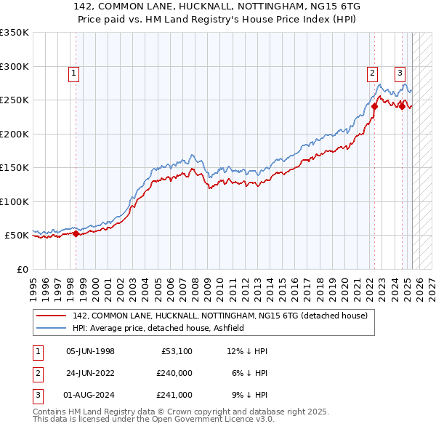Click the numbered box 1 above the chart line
click(x=75, y=73)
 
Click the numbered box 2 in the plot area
click(x=371, y=73)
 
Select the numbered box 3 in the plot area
click(x=400, y=73)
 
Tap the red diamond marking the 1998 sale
click(x=76, y=233)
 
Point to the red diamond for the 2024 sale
click(x=402, y=105)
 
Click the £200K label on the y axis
click(x=14, y=134)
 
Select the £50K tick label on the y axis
click(x=17, y=236)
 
